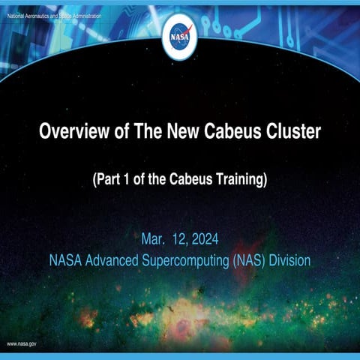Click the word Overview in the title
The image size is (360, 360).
coord(71,132)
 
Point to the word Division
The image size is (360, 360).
coord(288,261)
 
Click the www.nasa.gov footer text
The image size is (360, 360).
coord(22,343)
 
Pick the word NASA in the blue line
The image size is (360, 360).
coord(64,261)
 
